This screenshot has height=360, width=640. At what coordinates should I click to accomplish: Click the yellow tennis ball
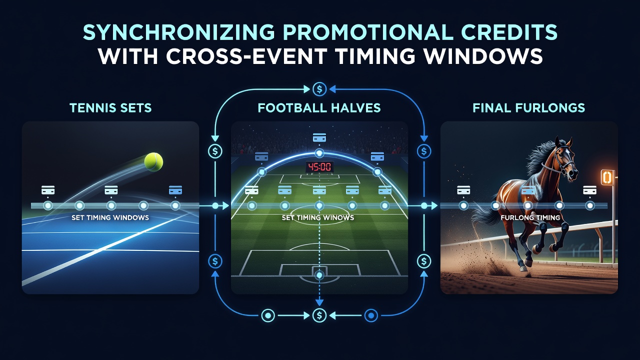153,161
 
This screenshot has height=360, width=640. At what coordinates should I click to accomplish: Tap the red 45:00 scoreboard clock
319,167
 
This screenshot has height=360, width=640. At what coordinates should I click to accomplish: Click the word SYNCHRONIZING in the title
179,32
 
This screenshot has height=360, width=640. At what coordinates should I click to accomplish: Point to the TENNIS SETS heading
110,108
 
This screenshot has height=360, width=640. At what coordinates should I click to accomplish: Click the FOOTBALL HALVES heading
319,108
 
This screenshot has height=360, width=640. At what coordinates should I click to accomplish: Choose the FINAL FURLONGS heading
529,108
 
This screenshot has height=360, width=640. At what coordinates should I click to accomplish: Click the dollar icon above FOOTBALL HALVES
319,89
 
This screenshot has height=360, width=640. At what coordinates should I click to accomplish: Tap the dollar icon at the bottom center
319,315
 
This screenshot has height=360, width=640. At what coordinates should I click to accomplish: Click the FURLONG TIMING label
530,217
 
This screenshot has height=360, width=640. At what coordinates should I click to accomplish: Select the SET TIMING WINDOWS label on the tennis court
110,217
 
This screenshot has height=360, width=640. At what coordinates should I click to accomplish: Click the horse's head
565,159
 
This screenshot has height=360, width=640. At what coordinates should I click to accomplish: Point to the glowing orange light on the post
607,177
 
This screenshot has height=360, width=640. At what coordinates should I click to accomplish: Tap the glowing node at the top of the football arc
319,153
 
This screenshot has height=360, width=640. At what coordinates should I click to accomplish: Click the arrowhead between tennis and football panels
225,205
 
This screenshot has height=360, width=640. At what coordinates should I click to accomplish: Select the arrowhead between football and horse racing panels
434,205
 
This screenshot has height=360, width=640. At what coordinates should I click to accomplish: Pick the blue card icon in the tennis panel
175,190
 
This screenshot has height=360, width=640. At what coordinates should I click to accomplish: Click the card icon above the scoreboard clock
319,137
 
